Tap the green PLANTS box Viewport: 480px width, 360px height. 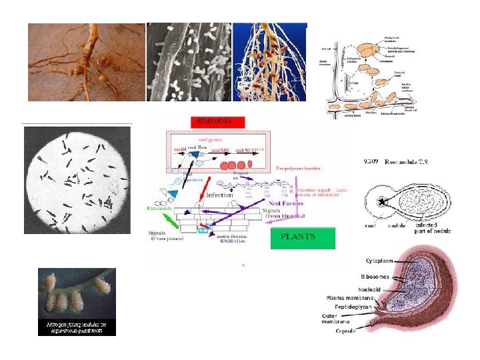point(302,238)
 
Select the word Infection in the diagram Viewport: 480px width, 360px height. point(220,195)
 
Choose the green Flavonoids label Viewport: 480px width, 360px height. point(161,209)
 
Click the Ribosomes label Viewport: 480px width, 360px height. point(375,275)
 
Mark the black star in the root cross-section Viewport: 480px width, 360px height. point(382,201)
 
